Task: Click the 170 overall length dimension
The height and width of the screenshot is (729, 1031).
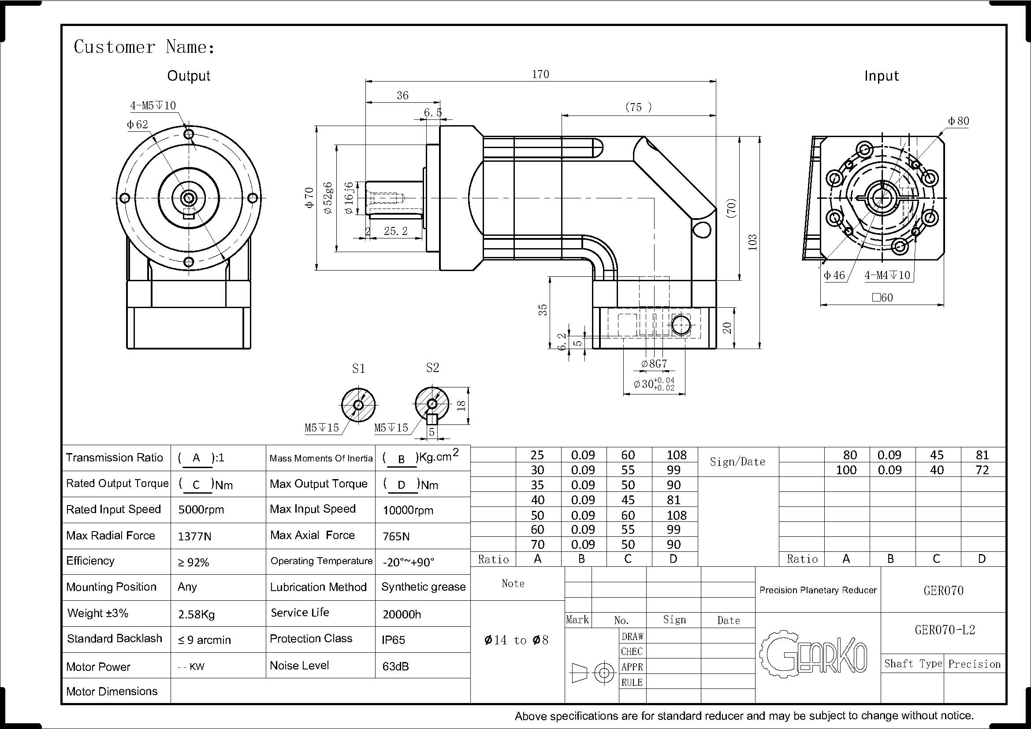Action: tap(540, 74)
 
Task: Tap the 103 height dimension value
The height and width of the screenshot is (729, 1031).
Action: tap(752, 242)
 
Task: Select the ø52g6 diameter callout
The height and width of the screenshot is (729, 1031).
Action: tap(328, 197)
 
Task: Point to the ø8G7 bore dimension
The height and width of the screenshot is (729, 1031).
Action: tap(654, 364)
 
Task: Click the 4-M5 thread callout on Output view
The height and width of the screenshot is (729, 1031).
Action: tap(153, 105)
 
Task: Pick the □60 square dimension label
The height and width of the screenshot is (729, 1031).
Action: tap(882, 298)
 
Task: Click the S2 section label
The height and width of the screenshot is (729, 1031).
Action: tap(432, 368)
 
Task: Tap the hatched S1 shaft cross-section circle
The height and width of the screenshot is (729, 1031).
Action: tap(358, 405)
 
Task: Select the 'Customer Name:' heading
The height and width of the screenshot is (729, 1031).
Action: tap(144, 47)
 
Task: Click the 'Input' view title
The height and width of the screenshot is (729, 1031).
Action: tap(882, 76)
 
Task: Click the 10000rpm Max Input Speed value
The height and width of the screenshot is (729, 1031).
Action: tap(408, 510)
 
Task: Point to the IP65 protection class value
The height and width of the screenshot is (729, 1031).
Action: tap(393, 640)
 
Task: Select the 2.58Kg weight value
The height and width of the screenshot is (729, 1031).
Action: tap(196, 614)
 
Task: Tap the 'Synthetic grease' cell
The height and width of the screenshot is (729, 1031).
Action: tap(423, 587)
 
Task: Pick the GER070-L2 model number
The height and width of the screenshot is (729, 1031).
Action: tap(945, 630)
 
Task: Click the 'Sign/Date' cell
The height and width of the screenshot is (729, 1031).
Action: tap(737, 461)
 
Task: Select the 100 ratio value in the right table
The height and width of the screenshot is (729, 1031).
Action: tap(846, 470)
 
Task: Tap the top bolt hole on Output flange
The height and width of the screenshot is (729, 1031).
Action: tap(189, 134)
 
